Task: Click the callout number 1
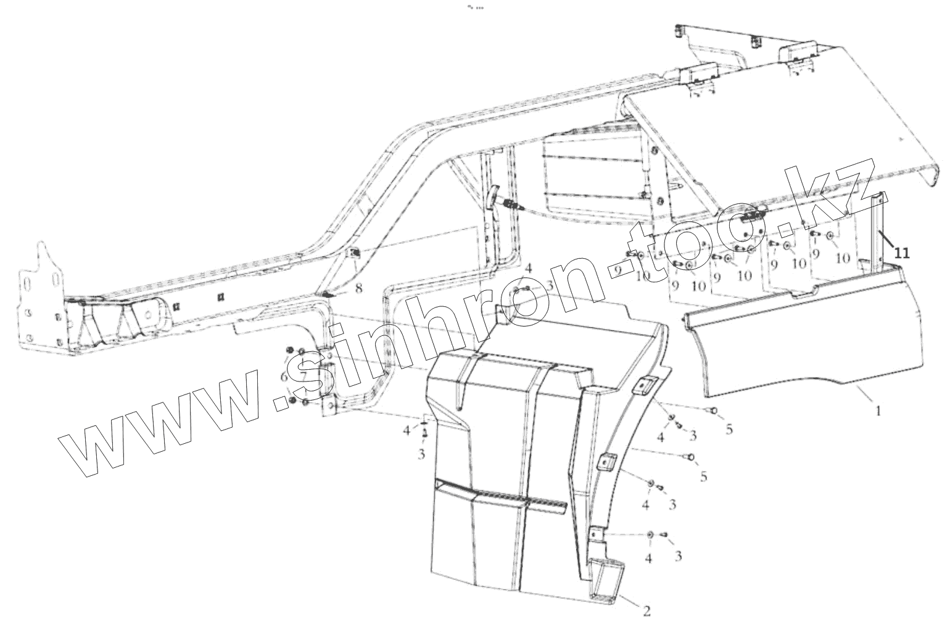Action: click(878, 410)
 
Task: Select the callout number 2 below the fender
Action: click(646, 611)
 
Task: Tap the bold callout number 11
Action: click(902, 253)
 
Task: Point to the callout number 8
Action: click(359, 287)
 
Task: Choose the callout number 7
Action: click(304, 377)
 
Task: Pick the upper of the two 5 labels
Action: click(729, 430)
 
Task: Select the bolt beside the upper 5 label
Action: click(713, 410)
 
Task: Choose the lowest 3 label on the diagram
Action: click(678, 557)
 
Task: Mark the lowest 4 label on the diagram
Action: click(648, 558)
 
